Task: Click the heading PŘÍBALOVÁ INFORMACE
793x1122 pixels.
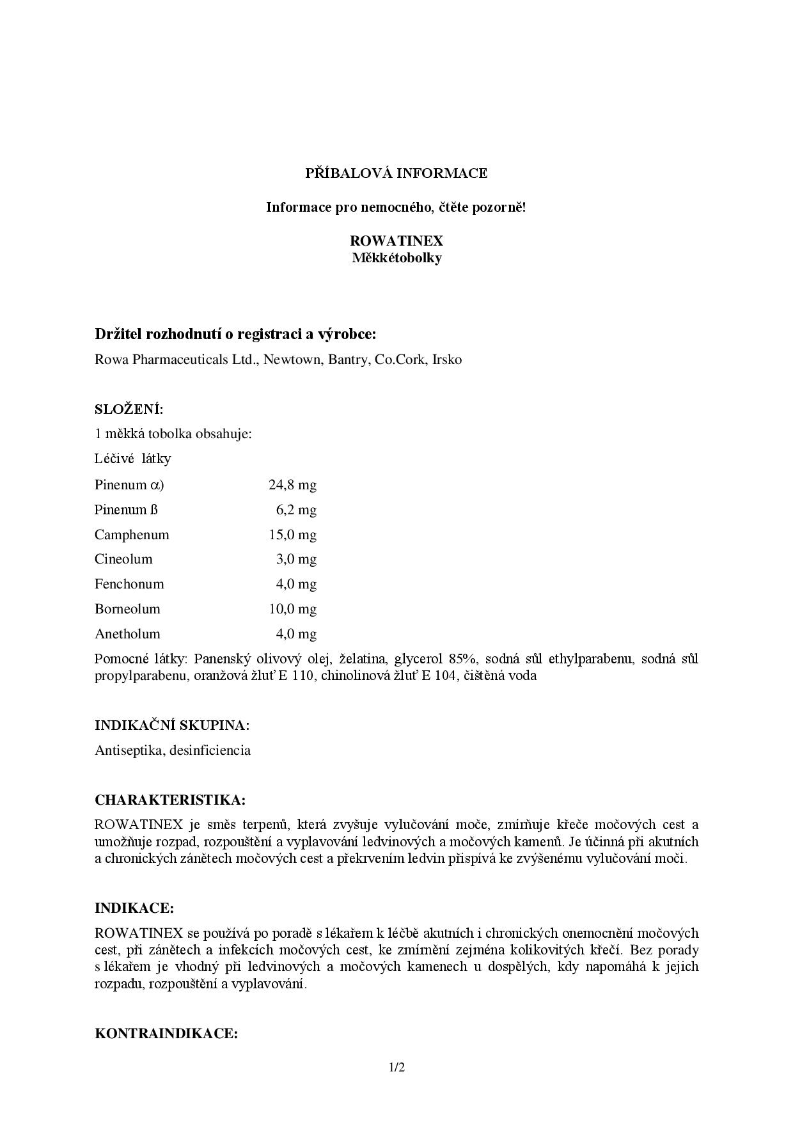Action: pyautogui.click(x=396, y=173)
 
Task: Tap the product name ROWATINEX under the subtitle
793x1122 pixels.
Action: pyautogui.click(x=396, y=241)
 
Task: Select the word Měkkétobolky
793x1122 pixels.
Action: pyautogui.click(x=396, y=258)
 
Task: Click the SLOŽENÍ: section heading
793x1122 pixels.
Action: pyautogui.click(x=129, y=409)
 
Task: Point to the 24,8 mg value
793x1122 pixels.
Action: pyautogui.click(x=292, y=485)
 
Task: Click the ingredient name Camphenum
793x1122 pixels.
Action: pyautogui.click(x=132, y=535)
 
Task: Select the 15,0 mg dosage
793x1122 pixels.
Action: pyautogui.click(x=292, y=535)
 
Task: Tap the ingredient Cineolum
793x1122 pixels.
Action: pyautogui.click(x=123, y=559)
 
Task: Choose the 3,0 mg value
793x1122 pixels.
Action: pyautogui.click(x=296, y=559)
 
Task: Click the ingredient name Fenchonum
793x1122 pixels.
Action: pyautogui.click(x=129, y=584)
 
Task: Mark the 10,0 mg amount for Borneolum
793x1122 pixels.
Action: pyautogui.click(x=292, y=609)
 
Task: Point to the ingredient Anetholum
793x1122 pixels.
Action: pyautogui.click(x=127, y=634)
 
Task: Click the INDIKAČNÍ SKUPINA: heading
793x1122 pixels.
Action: pyautogui.click(x=172, y=725)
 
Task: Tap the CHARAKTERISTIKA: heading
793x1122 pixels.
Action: pyautogui.click(x=170, y=800)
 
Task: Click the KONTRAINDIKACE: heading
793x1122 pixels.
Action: pyautogui.click(x=166, y=1034)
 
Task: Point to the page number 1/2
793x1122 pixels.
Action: pyautogui.click(x=396, y=1067)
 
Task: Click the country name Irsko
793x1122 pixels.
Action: pyautogui.click(x=447, y=360)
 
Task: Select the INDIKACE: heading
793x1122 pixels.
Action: pyautogui.click(x=134, y=908)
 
